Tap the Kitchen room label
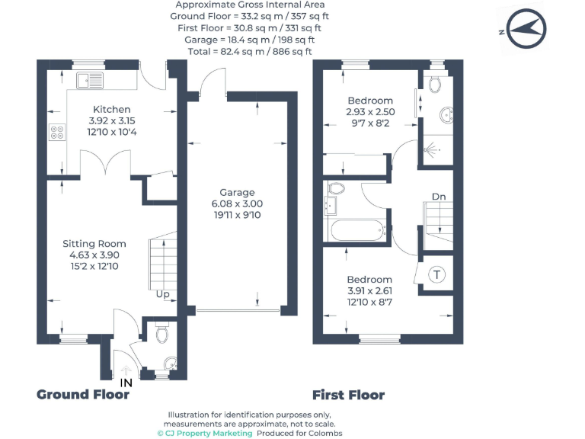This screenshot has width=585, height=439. [111, 110]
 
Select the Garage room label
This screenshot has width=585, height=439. [237, 193]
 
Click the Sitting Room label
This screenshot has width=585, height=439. [94, 244]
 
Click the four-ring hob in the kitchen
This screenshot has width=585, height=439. [56, 133]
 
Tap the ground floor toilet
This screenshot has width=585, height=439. [161, 333]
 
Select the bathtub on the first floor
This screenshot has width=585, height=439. [356, 231]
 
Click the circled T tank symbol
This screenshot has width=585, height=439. [437, 274]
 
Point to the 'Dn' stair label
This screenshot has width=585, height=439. [439, 197]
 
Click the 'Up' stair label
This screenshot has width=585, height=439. [162, 294]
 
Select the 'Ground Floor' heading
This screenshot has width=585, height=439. [83, 395]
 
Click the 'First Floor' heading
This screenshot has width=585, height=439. [348, 395]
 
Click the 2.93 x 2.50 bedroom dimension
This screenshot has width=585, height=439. [370, 111]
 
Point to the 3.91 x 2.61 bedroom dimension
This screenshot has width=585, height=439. [369, 290]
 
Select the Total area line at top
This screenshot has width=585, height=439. [250, 51]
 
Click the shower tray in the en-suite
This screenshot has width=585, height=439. [436, 150]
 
